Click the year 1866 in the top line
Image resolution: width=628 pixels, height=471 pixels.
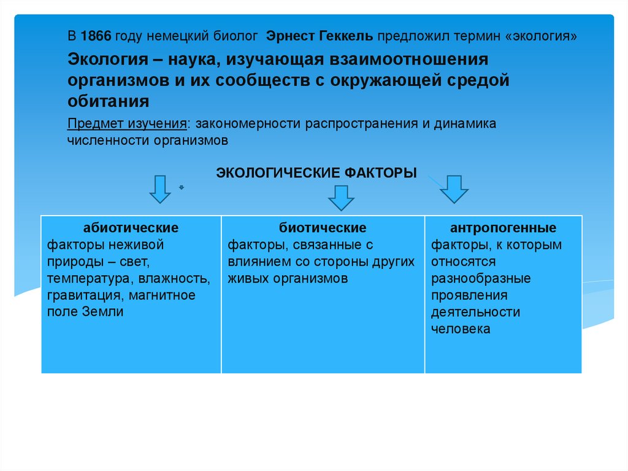[95, 36]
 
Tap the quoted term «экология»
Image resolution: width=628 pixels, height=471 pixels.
[542, 36]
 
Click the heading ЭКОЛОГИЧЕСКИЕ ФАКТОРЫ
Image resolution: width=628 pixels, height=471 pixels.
[316, 173]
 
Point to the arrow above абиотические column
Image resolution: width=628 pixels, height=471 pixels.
[160, 189]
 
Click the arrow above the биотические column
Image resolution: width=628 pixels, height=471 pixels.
[342, 198]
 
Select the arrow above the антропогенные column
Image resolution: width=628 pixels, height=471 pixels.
[454, 189]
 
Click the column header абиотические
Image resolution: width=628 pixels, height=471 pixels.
[131, 228]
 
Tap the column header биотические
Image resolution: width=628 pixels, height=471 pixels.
[323, 228]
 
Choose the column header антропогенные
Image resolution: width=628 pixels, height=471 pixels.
[503, 228]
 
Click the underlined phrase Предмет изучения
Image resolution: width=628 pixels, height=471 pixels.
[127, 123]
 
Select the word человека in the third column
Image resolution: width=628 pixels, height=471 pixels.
[460, 329]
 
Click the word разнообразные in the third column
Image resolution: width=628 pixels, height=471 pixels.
[480, 279]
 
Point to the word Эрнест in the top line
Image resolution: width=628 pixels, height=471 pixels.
[289, 36]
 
